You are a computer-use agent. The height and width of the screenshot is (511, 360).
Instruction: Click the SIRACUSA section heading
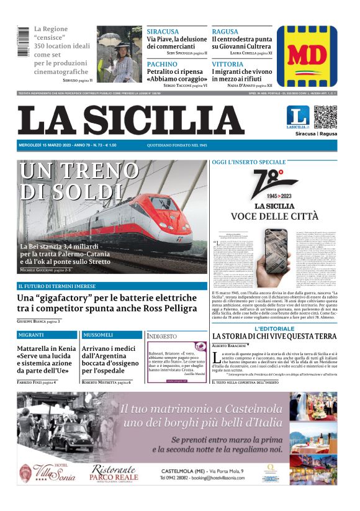point(163,32)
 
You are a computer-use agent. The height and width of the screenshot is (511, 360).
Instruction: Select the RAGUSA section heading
point(225,32)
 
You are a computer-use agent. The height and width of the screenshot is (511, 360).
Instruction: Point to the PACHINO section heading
point(162,64)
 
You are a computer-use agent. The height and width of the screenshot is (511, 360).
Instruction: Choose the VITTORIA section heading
point(227,64)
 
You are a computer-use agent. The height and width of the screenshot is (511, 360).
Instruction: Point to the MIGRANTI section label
point(32,335)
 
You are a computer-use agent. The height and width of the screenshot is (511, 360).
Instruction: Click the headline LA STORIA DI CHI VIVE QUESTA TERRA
point(274,337)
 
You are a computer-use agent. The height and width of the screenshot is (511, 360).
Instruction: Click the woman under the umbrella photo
point(119,54)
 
